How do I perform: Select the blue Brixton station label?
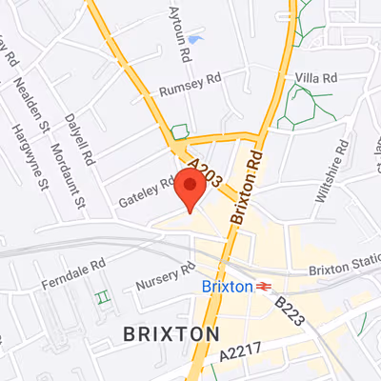click(228, 286)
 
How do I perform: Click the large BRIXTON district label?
click(171, 333)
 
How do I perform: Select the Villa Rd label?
click(317, 77)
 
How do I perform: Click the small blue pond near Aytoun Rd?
click(195, 39)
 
